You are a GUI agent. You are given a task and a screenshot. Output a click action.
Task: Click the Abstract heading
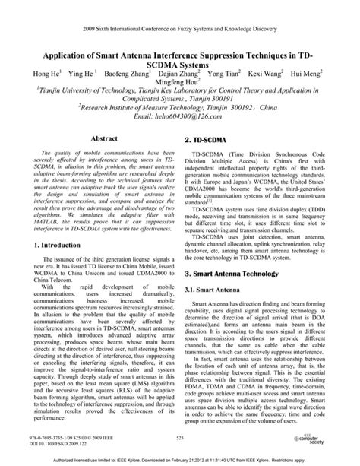click(x=103, y=140)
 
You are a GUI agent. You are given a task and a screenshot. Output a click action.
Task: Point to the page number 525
click(x=180, y=439)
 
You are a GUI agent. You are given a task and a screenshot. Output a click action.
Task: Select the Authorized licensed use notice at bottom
click(x=180, y=459)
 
